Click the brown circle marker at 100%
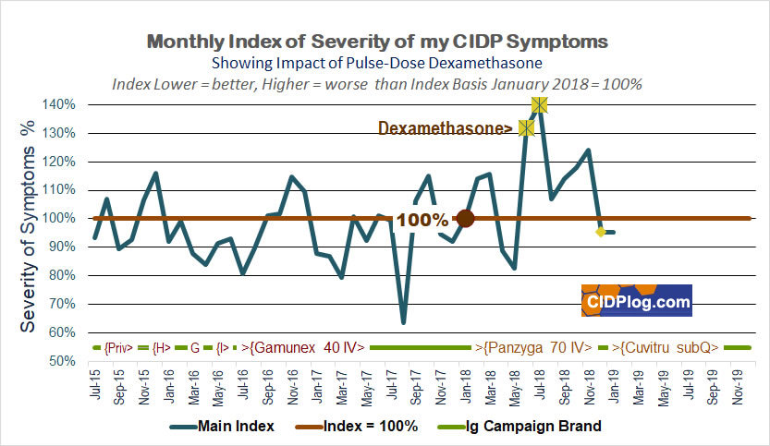465,219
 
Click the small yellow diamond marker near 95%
601,232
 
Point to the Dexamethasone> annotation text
446,129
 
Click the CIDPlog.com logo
636,301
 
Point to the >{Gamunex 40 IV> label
305,347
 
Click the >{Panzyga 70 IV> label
533,347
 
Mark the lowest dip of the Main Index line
403,322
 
